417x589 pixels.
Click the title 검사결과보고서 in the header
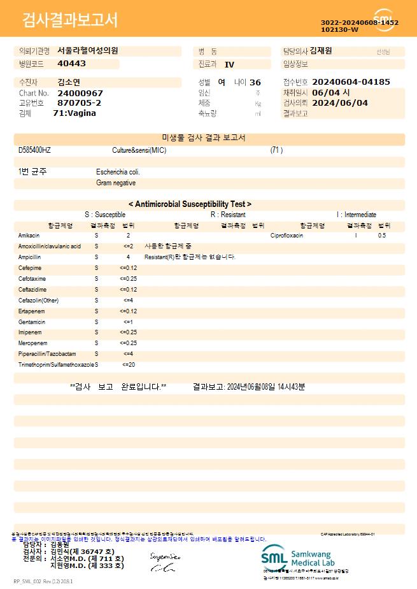coord(71,20)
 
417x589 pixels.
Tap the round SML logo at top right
coord(383,20)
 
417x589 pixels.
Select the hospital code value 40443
coord(71,64)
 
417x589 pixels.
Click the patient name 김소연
coord(69,82)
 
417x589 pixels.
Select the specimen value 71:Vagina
coord(74,113)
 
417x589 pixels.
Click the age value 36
coord(255,82)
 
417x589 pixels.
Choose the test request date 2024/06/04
coord(341,103)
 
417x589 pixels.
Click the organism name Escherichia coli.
coord(118,172)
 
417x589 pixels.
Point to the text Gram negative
coord(116,183)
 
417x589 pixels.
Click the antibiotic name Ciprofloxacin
coord(286,236)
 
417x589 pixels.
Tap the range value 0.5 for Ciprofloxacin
coord(382,236)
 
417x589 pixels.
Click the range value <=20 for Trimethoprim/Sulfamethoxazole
coord(129,364)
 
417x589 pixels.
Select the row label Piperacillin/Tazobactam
coord(47,353)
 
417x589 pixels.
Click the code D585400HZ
coord(34,150)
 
